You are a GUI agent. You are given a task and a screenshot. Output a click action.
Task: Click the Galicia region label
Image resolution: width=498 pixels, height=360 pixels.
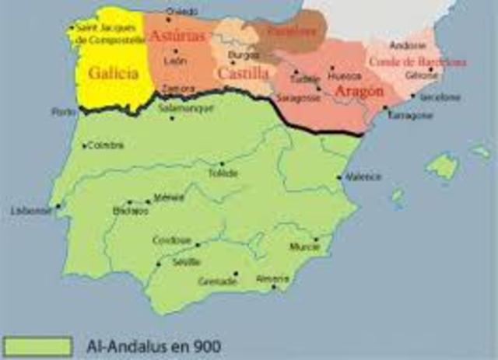click(114, 75)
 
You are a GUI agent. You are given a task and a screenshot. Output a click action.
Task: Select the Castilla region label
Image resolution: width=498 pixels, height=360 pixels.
click(243, 72)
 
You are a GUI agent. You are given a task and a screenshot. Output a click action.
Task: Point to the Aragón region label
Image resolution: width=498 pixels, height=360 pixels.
click(359, 91)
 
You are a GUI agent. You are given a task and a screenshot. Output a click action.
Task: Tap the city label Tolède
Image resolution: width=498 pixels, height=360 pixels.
click(223, 173)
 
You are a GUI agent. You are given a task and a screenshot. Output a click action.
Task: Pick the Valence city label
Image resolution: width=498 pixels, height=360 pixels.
click(363, 177)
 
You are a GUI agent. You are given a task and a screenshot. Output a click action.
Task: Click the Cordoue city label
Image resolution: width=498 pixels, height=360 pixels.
click(173, 240)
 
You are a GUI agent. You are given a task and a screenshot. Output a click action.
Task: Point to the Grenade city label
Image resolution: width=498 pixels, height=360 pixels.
click(218, 281)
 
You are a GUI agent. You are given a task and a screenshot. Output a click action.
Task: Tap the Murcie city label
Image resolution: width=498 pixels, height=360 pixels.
click(304, 247)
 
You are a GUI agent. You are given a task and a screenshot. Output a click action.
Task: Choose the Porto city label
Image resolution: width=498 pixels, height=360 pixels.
click(61, 112)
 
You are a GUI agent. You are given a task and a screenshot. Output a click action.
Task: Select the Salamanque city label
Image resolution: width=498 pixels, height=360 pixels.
click(190, 110)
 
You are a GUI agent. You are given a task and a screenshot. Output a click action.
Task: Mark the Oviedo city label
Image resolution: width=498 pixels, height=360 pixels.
click(181, 12)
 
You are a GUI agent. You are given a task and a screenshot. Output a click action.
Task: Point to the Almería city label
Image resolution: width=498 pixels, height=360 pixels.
click(272, 278)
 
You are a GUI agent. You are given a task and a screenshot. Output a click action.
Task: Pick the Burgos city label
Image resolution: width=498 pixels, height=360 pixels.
click(244, 55)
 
